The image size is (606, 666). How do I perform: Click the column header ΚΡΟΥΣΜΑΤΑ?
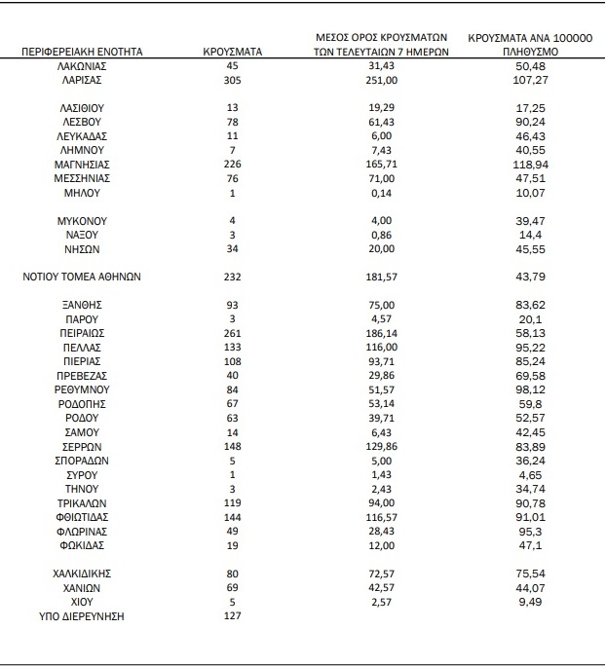[233, 52]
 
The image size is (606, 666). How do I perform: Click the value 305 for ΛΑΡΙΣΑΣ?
[233, 80]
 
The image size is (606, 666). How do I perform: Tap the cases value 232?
[233, 277]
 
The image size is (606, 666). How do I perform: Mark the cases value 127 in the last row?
[233, 616]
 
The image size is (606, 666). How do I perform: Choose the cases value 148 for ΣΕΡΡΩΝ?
[233, 446]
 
